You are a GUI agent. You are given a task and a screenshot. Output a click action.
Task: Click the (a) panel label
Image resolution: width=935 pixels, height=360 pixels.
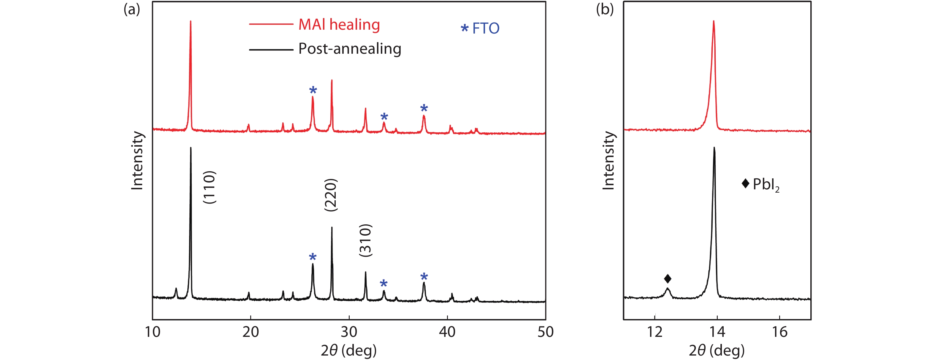tap(131, 9)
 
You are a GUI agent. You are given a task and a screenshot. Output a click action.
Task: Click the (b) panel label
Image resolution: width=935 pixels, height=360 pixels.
tap(605, 9)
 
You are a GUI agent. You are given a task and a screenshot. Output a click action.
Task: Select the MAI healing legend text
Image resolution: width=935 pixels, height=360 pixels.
tap(339, 25)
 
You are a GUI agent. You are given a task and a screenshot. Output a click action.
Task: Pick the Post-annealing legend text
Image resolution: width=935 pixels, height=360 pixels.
tap(350, 49)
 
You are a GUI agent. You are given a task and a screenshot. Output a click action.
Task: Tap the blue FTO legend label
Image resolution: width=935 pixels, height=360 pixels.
tap(485, 28)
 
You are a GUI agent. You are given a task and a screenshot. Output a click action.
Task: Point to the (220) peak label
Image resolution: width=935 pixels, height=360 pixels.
tap(331, 195)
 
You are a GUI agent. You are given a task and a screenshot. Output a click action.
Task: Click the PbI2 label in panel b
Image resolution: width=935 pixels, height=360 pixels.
tap(766, 185)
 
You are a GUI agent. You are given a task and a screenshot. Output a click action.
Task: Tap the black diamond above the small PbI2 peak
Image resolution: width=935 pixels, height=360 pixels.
tap(668, 279)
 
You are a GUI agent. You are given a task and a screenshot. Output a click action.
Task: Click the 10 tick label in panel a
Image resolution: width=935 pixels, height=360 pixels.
tap(153, 332)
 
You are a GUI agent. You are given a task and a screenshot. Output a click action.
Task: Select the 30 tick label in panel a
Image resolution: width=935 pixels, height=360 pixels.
tap(349, 332)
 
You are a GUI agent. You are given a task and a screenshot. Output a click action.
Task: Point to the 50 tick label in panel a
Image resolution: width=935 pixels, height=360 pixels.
tap(545, 332)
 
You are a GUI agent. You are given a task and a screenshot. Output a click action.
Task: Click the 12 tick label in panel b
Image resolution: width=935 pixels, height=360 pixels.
tap(655, 332)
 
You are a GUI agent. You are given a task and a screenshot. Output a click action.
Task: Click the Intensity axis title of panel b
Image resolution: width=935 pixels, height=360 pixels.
tap(608, 160)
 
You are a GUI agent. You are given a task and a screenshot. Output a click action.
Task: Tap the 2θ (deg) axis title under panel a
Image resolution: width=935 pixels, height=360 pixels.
tap(348, 351)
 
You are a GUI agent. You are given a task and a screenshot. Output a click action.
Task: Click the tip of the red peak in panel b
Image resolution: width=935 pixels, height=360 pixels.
tap(714, 21)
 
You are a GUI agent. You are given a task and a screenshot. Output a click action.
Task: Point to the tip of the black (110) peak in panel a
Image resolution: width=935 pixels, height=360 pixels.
tap(191, 148)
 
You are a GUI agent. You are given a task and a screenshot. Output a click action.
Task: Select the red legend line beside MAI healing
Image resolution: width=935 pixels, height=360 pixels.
tap(271, 24)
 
